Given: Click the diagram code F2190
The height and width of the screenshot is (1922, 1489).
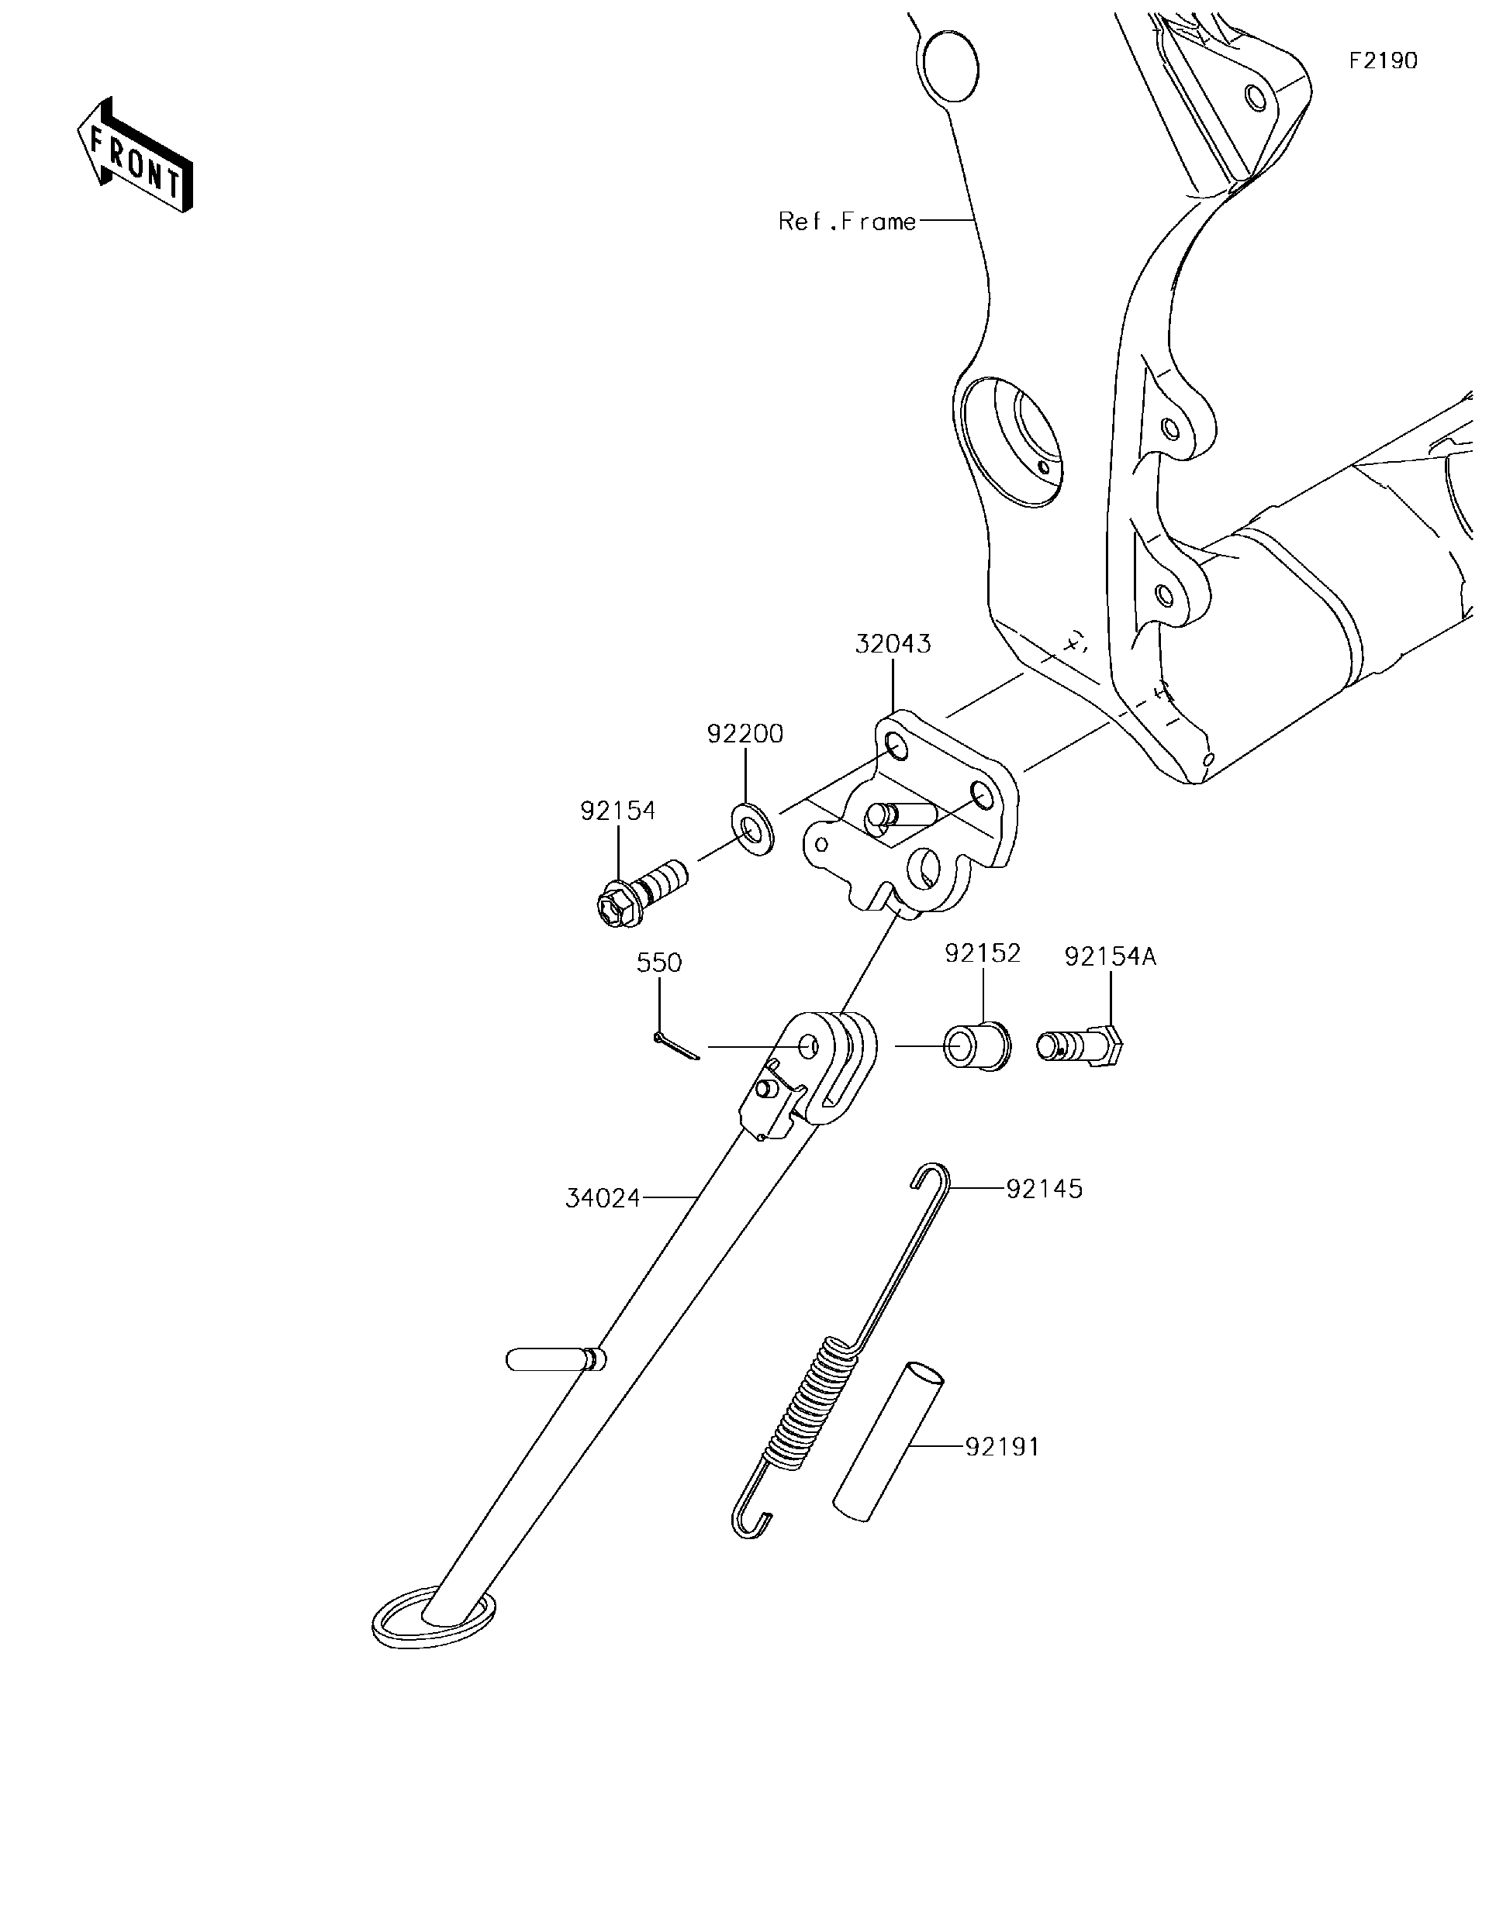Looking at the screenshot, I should [1384, 60].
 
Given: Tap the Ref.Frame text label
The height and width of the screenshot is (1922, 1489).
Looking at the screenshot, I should [846, 221].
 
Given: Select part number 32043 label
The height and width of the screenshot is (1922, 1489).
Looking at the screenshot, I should [892, 644].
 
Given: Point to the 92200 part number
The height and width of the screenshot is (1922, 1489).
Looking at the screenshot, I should [745, 734].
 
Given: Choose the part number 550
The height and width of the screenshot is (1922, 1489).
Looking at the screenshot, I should [658, 963].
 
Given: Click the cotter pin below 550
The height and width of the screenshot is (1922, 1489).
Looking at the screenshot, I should [676, 1045].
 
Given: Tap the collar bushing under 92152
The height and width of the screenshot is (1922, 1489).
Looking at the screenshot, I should [977, 1047].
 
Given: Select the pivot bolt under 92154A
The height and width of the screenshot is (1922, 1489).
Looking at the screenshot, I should [1080, 1046].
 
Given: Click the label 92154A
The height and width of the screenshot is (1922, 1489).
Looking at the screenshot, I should [1110, 956].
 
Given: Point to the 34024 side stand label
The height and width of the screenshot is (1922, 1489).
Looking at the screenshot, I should [603, 1197].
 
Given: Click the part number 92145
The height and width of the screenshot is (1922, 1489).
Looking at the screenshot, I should [1045, 1189].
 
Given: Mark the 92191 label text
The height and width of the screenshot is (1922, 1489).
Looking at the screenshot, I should [1002, 1446].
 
